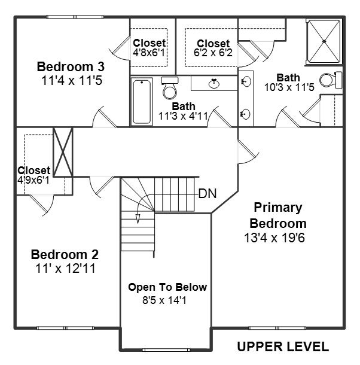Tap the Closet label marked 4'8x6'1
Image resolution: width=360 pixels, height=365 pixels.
[149, 43]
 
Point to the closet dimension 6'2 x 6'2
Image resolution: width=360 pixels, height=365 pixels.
[213, 53]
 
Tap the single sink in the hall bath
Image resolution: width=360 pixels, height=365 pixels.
[214, 83]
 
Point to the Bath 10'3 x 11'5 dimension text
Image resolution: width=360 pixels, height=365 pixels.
[289, 87]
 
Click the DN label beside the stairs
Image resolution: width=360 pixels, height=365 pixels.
[207, 194]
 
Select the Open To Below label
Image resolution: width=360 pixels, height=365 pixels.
[167, 287]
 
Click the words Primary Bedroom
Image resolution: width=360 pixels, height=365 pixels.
[278, 215]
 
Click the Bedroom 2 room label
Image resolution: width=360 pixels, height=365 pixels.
[65, 254]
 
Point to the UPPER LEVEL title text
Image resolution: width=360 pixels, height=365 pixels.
[282, 346]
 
